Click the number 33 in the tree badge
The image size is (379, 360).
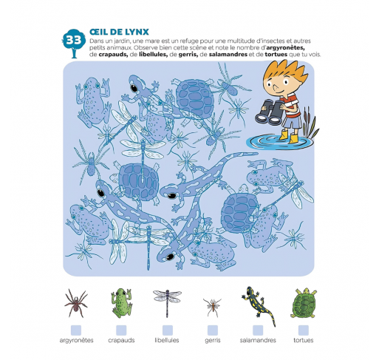pos(74,40)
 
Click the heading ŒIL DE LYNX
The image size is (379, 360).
pos(119,32)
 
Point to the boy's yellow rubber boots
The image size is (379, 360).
pos(289,137)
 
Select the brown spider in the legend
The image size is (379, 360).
pos(76,303)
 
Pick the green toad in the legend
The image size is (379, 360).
pos(121,303)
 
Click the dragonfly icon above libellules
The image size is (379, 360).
pos(167,302)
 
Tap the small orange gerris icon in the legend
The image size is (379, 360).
pos(212,308)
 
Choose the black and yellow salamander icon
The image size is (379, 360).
pos(259,305)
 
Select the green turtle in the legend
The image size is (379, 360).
pos(304,303)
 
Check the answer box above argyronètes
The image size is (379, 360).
pos(76,330)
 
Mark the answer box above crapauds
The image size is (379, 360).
pos(121,330)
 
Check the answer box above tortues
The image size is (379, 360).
pos(304,330)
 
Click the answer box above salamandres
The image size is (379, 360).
pos(258,330)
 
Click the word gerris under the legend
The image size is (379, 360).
pos(213,341)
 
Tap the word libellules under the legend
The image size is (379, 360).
pos(167,340)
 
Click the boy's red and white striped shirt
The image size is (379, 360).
pos(293,106)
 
